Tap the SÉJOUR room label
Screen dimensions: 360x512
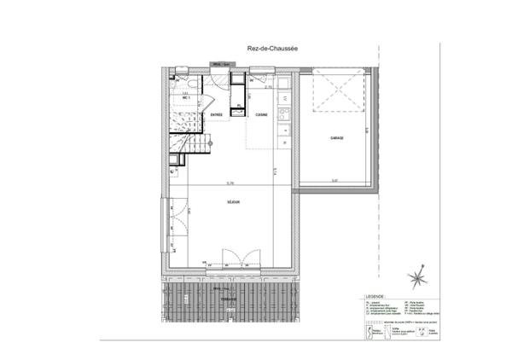coord(232,202)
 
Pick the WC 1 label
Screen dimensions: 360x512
coord(185,98)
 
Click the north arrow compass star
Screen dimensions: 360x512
coord(417,278)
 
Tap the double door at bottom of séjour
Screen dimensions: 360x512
coord(235,258)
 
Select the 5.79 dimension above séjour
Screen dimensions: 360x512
coord(230,183)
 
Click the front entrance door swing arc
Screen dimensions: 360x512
coord(218,81)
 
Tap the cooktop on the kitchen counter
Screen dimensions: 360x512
coord(284,132)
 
